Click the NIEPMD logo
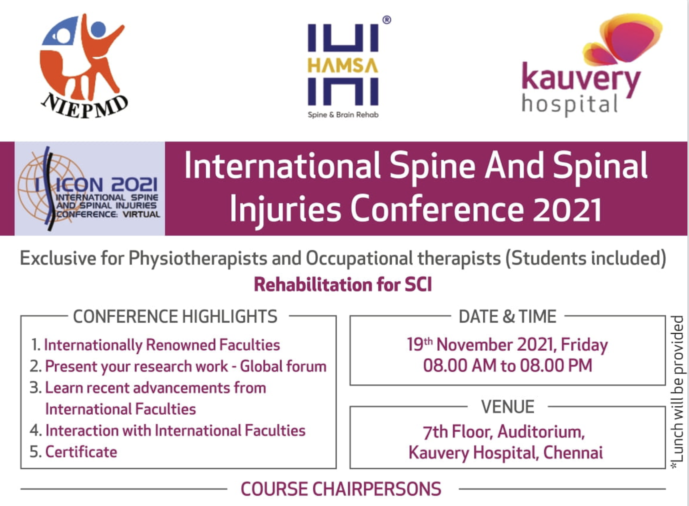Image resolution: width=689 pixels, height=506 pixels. (x=84, y=66)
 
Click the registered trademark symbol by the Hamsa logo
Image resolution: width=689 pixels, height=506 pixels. (x=387, y=20)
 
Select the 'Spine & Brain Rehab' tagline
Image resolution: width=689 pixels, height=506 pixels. (x=343, y=115)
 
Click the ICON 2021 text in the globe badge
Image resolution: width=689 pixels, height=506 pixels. (x=106, y=185)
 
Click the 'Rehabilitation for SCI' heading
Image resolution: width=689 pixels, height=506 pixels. (x=343, y=285)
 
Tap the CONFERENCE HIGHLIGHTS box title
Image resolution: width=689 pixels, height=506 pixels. (x=175, y=317)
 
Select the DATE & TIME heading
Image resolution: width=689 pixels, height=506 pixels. (x=507, y=317)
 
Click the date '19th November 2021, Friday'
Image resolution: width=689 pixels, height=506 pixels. (x=507, y=345)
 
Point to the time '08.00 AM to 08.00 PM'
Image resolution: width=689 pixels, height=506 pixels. (x=507, y=365)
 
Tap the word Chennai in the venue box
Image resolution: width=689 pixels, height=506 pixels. (x=573, y=453)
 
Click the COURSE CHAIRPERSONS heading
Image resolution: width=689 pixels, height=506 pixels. (x=341, y=489)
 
